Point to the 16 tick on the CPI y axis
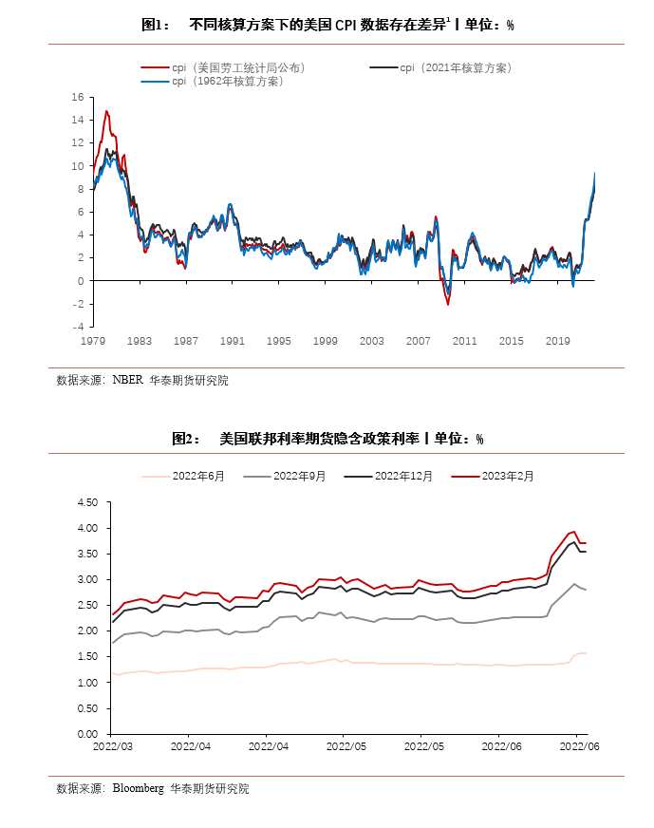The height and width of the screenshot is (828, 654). point(79,97)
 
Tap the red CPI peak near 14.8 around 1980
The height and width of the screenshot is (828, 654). point(106,111)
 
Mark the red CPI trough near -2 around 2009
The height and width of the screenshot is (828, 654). point(448,304)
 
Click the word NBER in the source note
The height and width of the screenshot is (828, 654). point(127,381)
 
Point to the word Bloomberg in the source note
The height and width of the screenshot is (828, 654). point(138,788)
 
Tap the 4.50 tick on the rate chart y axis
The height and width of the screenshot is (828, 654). point(86,502)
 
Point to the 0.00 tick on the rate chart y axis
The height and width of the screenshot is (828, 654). point(86,734)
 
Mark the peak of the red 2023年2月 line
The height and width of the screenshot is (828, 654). point(574,532)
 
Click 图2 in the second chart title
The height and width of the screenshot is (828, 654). point(183,439)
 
